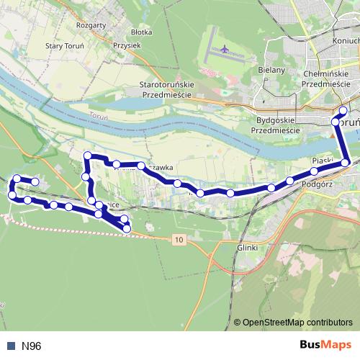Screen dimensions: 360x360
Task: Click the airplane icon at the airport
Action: click(x=224, y=50)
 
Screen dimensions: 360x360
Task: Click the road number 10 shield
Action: click(x=179, y=238)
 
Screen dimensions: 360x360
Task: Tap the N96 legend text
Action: click(x=31, y=346)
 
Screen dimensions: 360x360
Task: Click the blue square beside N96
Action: click(x=10, y=346)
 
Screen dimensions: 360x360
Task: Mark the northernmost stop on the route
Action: click(x=343, y=110)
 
